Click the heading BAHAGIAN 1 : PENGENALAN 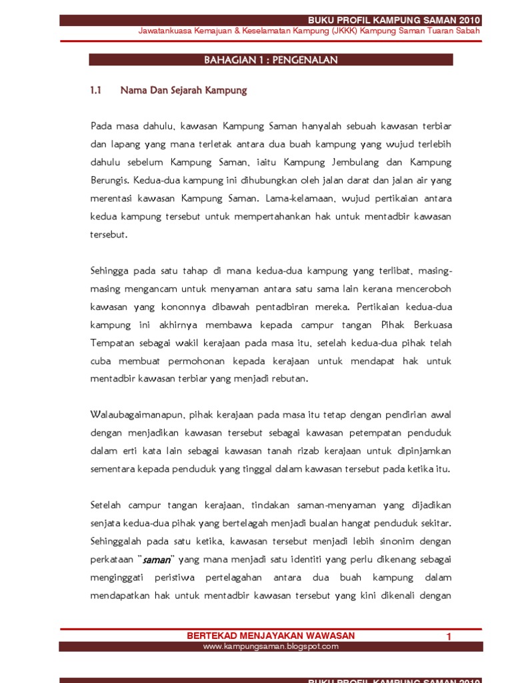(271, 60)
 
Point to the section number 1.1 (95, 90)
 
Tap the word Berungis (110, 180)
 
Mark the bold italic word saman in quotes (158, 559)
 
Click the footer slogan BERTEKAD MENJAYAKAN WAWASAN (271, 636)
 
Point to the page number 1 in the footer (449, 637)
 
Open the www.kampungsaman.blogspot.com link (271, 646)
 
